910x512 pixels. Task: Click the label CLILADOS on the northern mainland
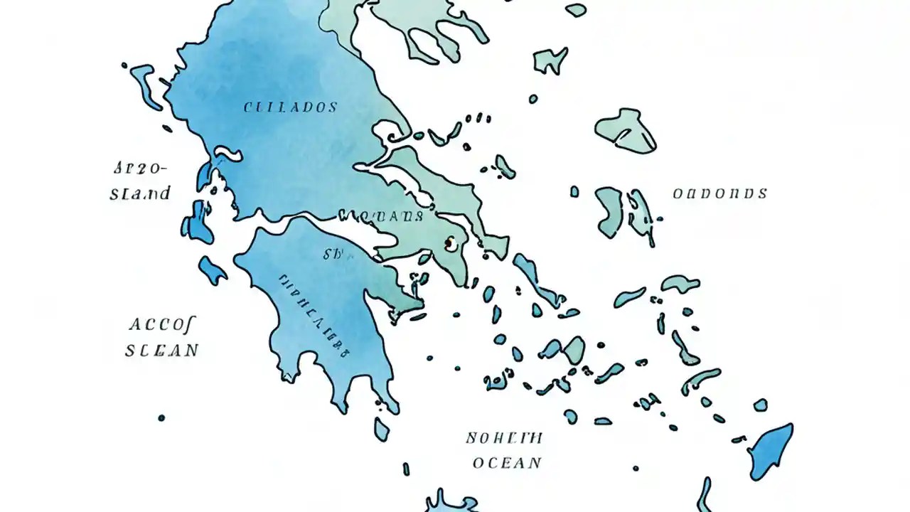coord(290,108)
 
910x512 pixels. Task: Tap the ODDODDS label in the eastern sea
coord(719,193)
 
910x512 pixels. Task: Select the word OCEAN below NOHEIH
coord(507,463)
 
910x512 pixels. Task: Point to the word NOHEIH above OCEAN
coord(504,437)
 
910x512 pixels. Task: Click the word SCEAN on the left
coord(162,351)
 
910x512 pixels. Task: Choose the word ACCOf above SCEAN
coord(163,325)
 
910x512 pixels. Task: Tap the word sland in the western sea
coord(140,193)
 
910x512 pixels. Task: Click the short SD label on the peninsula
coord(332,255)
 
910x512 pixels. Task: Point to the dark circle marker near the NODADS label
coord(449,244)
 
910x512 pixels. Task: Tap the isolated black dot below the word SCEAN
coord(161,417)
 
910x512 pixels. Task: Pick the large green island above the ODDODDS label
coord(626,130)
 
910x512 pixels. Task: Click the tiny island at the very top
coord(576,10)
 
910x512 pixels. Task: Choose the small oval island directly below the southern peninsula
coord(382,429)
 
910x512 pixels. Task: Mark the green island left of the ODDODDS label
coord(609,211)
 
